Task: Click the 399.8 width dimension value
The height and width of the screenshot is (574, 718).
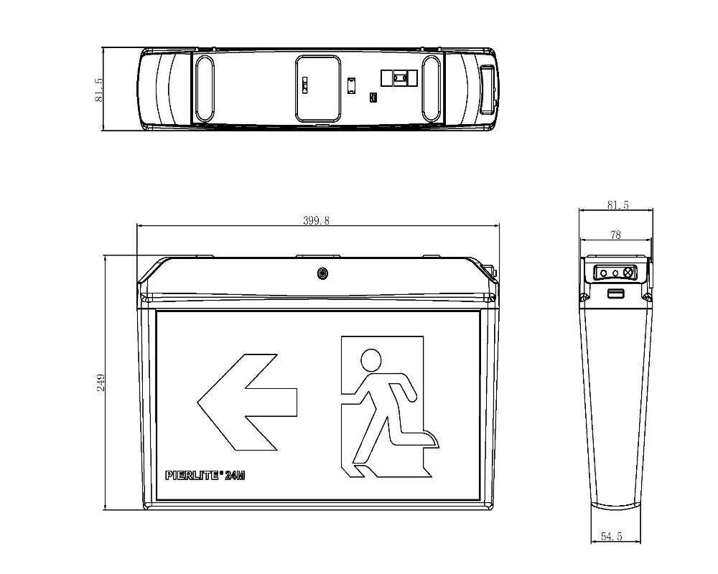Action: pos(316,220)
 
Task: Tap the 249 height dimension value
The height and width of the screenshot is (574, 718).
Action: pos(101,382)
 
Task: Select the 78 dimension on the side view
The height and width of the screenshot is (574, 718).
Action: pos(615,235)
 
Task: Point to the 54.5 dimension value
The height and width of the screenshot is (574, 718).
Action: pos(611,536)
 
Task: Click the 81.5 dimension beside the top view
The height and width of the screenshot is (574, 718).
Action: pos(98,90)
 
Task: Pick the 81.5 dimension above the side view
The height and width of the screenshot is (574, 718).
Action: pos(617,204)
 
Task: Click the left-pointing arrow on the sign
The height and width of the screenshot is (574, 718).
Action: pos(247,402)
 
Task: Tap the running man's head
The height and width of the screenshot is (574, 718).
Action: pos(371,359)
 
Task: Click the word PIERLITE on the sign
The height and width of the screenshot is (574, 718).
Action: pos(192,476)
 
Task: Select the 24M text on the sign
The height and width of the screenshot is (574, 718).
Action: pos(235,476)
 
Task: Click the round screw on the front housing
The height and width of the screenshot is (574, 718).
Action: pos(322,273)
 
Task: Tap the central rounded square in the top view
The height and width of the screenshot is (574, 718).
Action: pos(318,89)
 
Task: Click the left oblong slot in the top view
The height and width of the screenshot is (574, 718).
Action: pos(205,88)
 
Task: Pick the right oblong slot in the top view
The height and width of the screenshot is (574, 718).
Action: pos(431,88)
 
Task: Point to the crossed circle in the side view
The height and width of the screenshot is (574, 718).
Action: pos(628,273)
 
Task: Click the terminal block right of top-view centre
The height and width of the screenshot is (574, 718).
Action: pos(399,77)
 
